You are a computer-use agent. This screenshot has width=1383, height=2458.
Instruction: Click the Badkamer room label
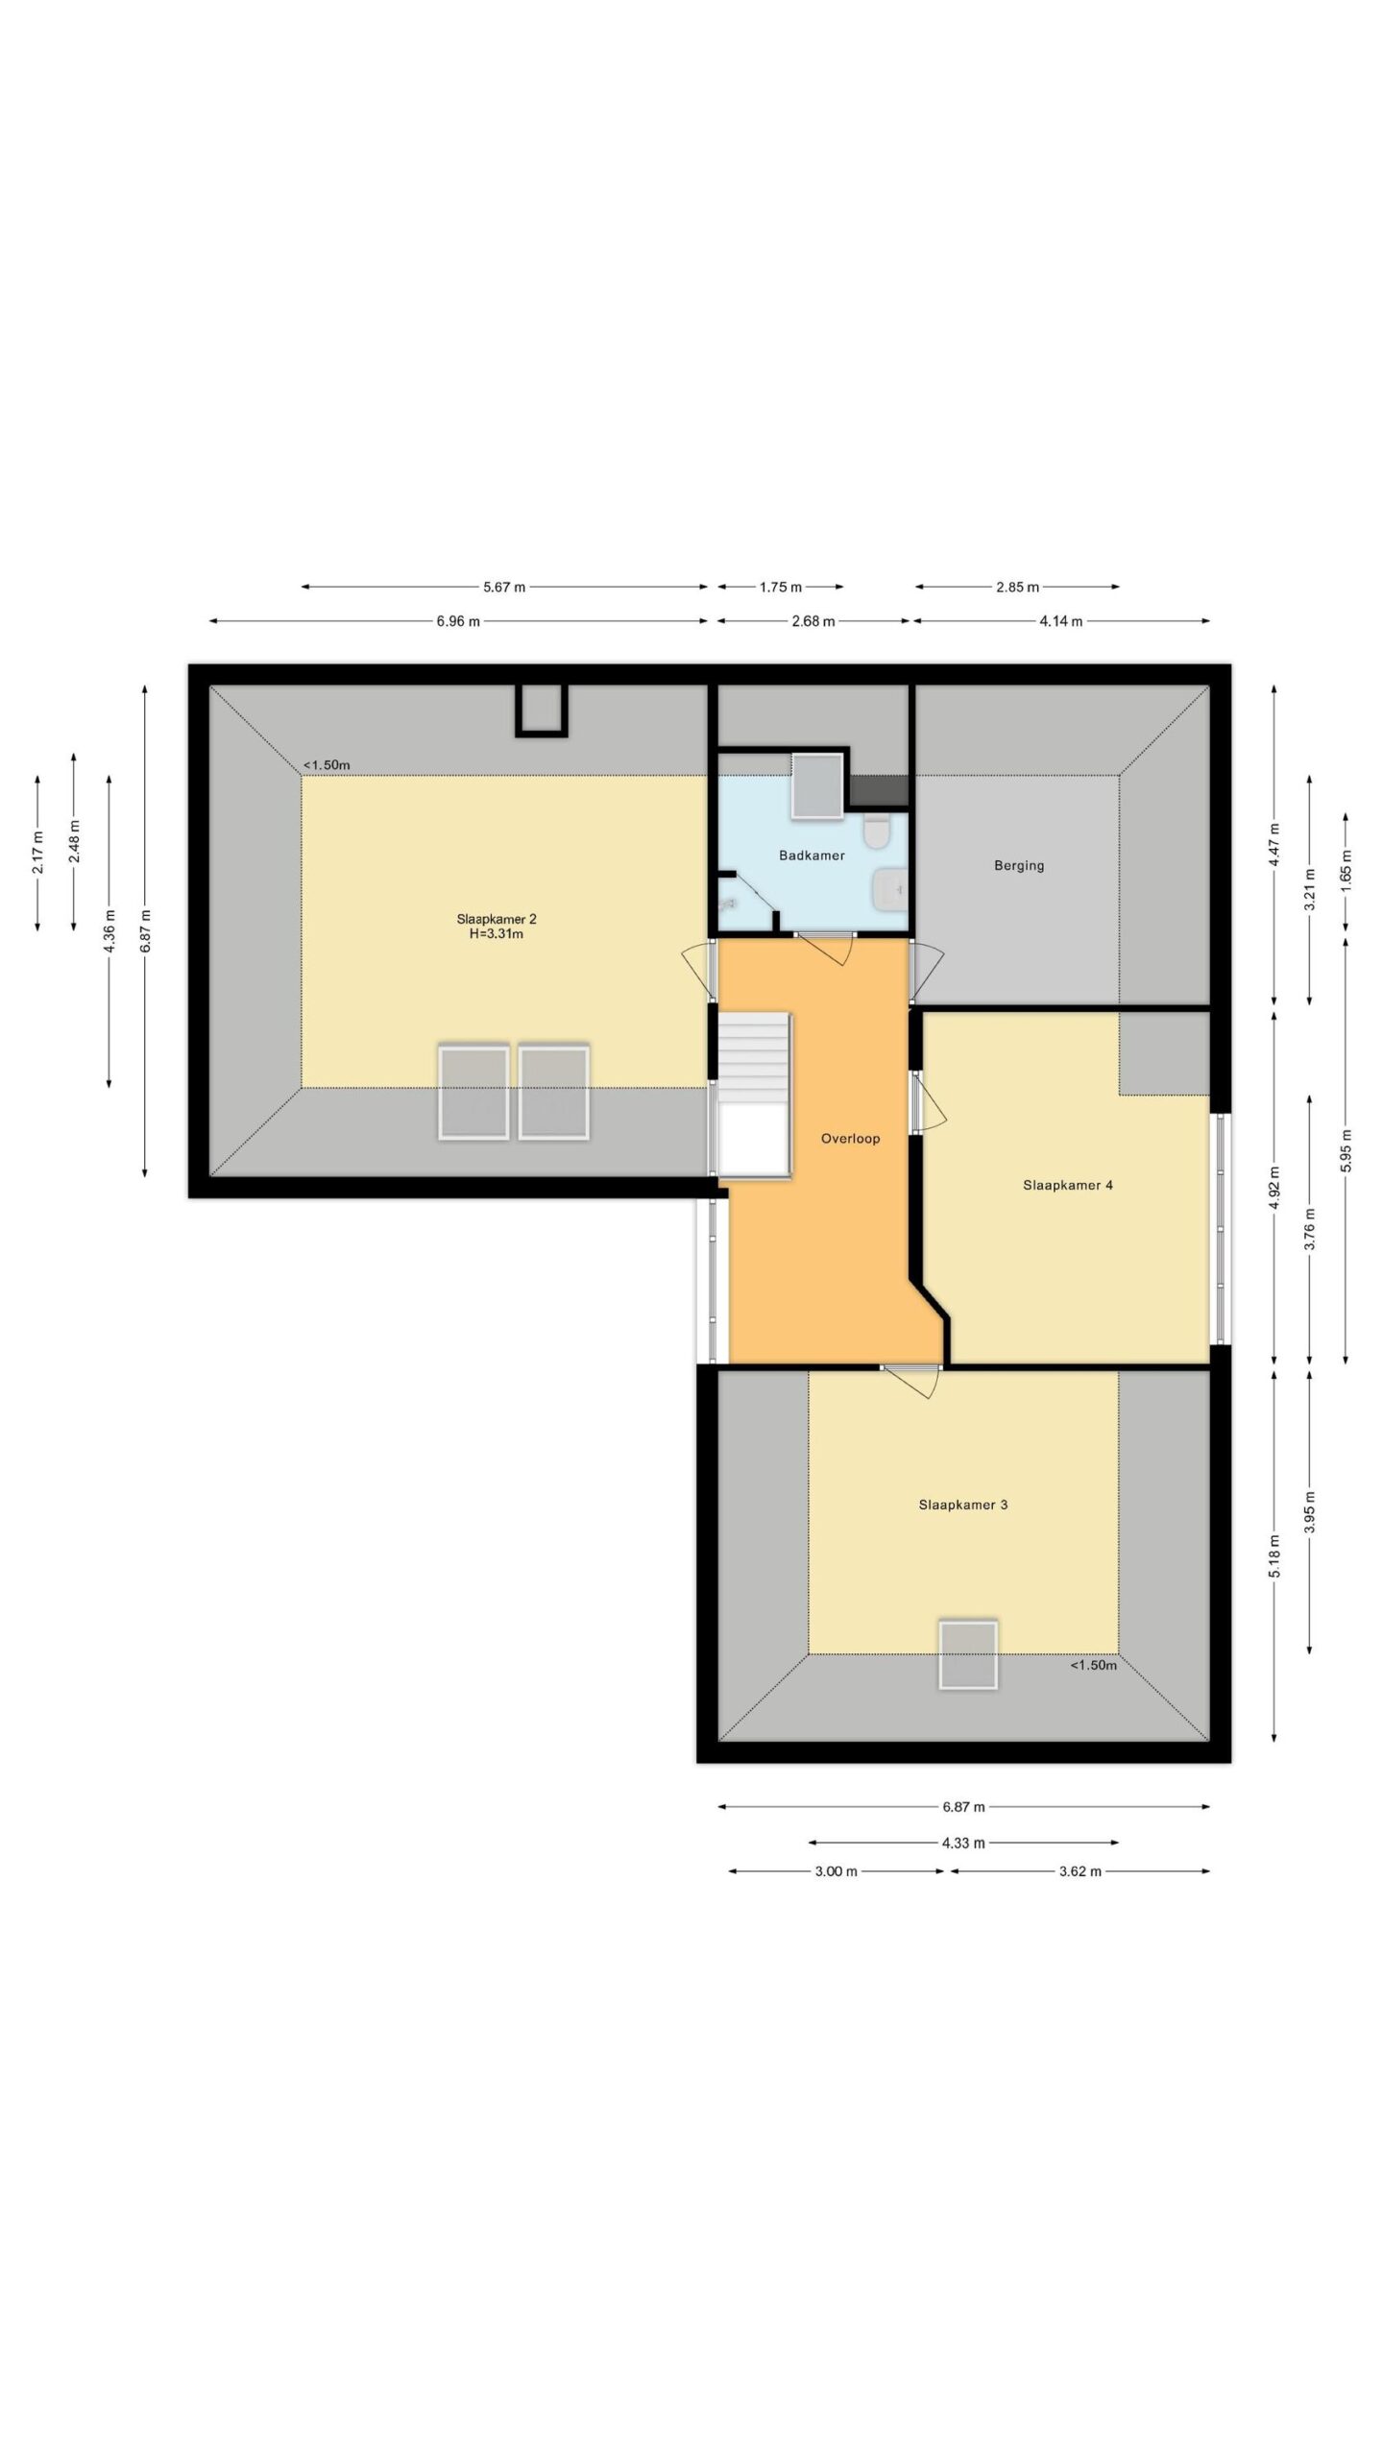point(812,855)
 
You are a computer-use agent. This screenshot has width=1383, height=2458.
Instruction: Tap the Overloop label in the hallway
point(850,1139)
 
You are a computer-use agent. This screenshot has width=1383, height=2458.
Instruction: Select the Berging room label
point(1019,865)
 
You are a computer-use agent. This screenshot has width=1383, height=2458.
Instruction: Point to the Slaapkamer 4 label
point(1068,1185)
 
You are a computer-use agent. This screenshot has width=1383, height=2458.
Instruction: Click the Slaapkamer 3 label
point(963,1505)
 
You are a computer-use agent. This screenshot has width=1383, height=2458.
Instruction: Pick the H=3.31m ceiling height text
point(496,933)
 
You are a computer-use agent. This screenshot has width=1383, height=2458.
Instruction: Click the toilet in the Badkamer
point(876,832)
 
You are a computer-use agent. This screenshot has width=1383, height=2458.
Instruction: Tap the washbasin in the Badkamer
point(890,888)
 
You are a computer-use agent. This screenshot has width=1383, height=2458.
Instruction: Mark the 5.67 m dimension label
point(504,587)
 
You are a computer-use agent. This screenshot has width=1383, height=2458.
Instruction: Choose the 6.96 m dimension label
point(458,621)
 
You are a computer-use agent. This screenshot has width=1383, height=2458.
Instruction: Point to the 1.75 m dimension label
point(781,587)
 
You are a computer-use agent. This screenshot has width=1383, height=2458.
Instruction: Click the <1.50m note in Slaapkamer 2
point(327,765)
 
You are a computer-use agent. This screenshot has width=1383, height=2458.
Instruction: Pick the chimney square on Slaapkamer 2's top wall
point(542,711)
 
